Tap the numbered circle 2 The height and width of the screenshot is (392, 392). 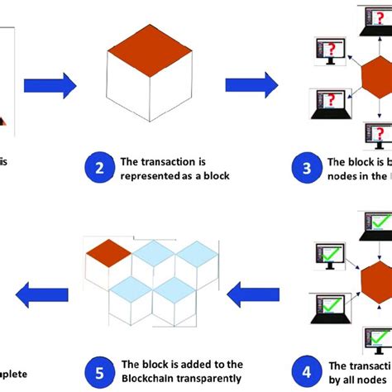pos(99,170)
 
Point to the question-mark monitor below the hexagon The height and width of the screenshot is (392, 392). pos(377,135)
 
